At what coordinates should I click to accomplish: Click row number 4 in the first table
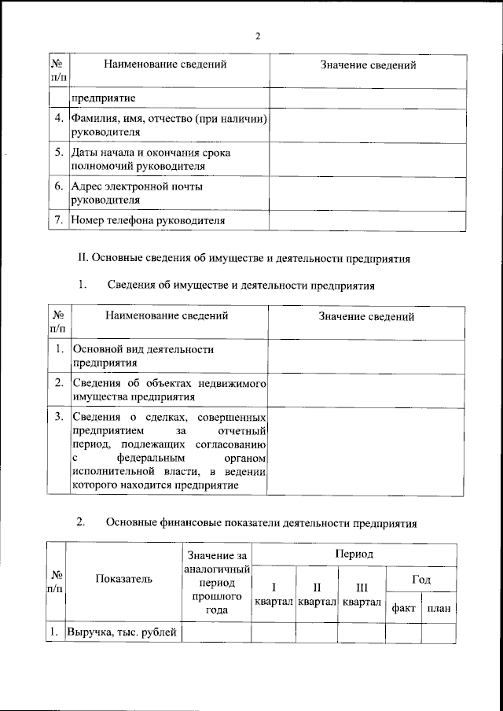[x=58, y=119]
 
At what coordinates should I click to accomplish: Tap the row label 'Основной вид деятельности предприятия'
[x=143, y=355]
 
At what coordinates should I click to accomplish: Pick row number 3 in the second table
[x=58, y=416]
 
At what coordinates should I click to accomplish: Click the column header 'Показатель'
[x=123, y=580]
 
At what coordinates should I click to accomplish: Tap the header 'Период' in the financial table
[x=354, y=554]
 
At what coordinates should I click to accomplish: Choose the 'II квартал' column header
[x=316, y=595]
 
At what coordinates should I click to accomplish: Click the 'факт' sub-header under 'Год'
[x=403, y=608]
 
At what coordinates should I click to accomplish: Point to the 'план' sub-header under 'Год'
[x=439, y=608]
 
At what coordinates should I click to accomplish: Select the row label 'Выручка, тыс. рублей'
[x=123, y=632]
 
